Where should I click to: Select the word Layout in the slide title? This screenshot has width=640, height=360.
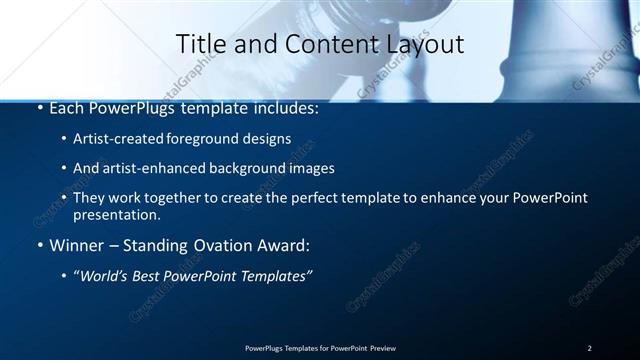point(425,44)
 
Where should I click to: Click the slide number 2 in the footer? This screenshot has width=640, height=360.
point(589,348)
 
